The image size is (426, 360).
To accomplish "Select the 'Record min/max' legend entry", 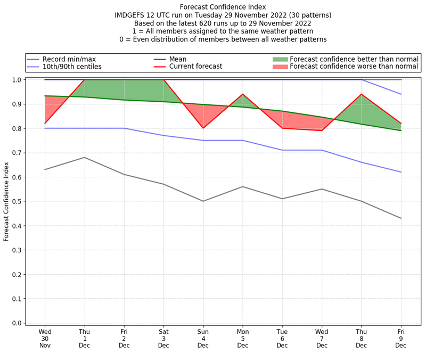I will (x=69, y=59).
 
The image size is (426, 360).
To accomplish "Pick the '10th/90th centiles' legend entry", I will (x=72, y=67).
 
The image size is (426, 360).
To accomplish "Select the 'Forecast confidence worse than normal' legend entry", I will (x=354, y=67).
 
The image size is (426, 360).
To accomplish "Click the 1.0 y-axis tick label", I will (x=17, y=80).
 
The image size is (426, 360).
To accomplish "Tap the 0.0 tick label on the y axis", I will (x=17, y=323).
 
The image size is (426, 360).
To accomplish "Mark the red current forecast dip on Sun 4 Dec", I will (x=203, y=128).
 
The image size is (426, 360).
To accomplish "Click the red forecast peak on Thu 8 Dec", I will (x=362, y=94).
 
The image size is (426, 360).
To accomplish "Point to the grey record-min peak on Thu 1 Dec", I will (x=84, y=157).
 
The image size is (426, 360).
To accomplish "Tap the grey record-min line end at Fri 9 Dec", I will (x=401, y=218).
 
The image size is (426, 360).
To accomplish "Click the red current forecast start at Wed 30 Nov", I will (x=45, y=124).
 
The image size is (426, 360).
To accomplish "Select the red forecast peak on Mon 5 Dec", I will (x=243, y=94).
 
